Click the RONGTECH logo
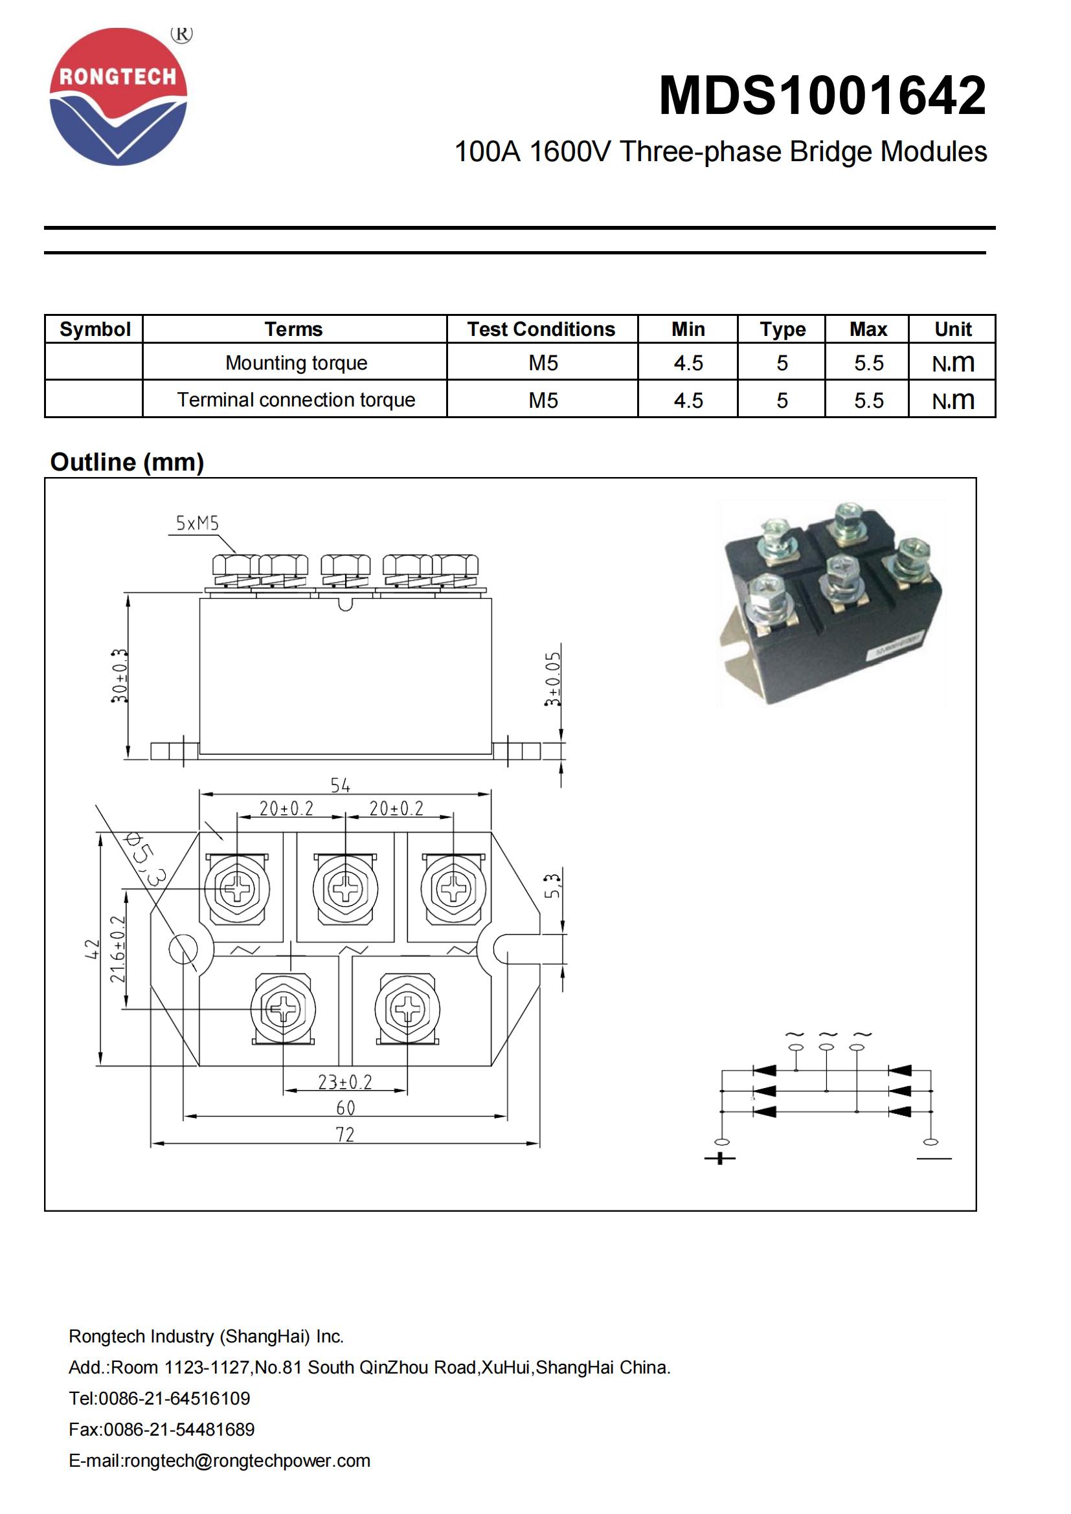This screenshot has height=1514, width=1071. coord(118,96)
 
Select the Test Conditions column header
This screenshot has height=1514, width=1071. coord(541,329)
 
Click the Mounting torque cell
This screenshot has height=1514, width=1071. coord(295,362)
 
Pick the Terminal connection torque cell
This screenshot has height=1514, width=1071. coord(295,399)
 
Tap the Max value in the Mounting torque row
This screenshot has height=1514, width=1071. coord(868,362)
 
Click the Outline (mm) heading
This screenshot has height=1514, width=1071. coord(128,462)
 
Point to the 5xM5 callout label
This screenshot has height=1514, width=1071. coord(197,524)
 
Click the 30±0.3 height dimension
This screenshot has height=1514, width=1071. coord(119,676)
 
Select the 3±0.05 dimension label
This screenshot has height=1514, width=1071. coord(552,679)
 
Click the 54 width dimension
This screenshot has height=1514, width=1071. coord(341,785)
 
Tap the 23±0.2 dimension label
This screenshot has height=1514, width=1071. coord(345,1082)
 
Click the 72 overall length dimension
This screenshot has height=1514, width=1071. coord(345,1134)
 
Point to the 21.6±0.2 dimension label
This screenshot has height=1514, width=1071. coord(117,949)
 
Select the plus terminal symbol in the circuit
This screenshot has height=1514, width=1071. coord(719,1158)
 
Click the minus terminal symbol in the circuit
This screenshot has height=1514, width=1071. coord(934,1158)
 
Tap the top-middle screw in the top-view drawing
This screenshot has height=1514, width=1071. coord(345,887)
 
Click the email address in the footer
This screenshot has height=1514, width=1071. coord(220,1460)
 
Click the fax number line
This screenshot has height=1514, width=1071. coord(162,1429)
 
